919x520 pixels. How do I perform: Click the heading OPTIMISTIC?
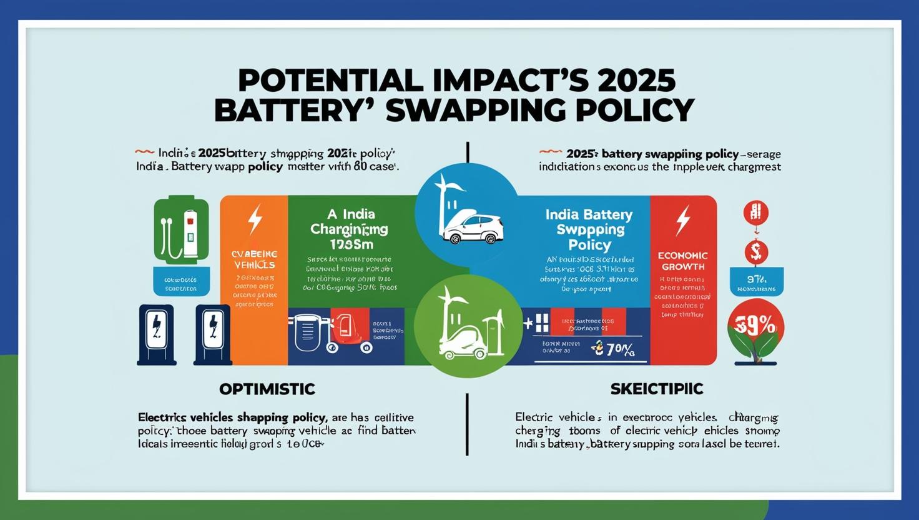(267, 389)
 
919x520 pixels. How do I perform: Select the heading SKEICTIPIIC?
(657, 389)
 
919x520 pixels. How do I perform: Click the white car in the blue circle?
(472, 229)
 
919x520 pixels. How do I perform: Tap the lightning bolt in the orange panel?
(255, 219)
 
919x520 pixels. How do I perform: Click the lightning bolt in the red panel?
(684, 219)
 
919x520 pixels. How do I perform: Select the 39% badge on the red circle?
(756, 326)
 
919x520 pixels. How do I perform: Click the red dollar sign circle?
(756, 252)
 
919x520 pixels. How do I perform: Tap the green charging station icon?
(181, 229)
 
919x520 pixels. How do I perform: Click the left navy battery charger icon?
(157, 335)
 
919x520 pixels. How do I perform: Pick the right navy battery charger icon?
(213, 335)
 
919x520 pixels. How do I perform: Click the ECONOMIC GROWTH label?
(683, 261)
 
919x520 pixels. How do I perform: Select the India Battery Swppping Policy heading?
(589, 229)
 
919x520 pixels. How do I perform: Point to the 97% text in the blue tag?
(756, 279)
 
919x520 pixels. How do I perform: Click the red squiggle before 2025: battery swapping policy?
(549, 152)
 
